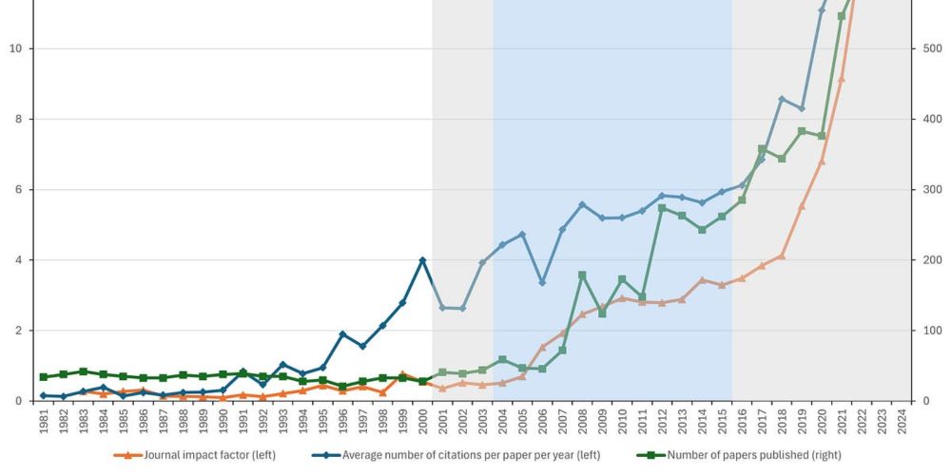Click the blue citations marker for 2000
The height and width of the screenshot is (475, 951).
coord(422,260)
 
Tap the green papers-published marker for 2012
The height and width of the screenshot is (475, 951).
coord(662,208)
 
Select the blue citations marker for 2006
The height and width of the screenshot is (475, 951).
coord(542,282)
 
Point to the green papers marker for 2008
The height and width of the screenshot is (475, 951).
coord(582,275)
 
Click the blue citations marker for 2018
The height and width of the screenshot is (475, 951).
coord(782,99)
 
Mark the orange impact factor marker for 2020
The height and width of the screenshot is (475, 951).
coord(822,161)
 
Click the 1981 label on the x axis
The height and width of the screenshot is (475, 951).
coord(44,424)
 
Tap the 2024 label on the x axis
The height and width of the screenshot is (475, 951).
coord(902,424)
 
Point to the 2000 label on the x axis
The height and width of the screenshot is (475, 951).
coord(422,424)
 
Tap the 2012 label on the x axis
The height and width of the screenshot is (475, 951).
coord(662,424)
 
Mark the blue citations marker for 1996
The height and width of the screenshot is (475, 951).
coord(342,334)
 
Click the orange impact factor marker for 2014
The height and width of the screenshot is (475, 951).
coord(702,280)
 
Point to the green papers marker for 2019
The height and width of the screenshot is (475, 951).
coord(802,131)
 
